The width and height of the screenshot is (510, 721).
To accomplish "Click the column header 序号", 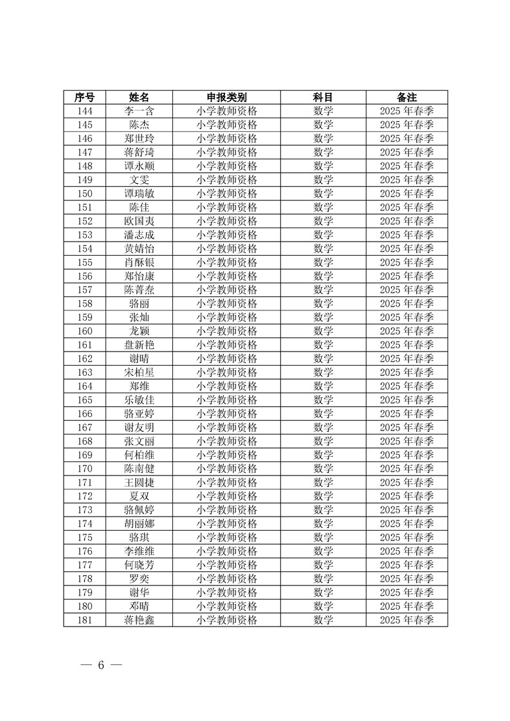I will tap(84, 97).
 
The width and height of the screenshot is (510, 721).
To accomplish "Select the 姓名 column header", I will tap(139, 97).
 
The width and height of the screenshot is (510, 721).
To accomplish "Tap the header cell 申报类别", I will tap(226, 97).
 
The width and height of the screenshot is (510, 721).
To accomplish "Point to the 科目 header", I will tap(323, 97).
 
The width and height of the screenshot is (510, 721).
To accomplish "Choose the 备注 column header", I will tap(406, 97).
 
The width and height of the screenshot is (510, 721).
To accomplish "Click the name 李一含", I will tap(139, 111).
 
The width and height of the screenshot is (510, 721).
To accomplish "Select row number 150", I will tap(84, 193).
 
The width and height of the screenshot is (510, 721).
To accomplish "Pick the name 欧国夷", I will tap(139, 221).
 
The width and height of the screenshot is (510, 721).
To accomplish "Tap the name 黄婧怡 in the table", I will tap(139, 249).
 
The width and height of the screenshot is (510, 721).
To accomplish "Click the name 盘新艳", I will tap(139, 345).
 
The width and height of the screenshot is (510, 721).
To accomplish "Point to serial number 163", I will tap(84, 372).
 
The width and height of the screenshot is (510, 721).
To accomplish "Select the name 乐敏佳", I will tap(139, 400).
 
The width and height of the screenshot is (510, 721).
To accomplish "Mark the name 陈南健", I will tap(139, 468).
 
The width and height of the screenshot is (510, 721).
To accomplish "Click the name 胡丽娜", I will tap(139, 524).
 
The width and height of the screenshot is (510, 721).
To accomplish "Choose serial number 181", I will tap(84, 620).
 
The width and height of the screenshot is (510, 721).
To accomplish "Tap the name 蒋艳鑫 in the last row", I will tap(139, 620).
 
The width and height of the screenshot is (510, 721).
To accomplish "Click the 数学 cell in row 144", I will tap(323, 111).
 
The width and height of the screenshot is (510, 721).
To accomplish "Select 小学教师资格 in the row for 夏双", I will tap(226, 496).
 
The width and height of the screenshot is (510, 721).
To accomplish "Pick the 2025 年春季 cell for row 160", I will tap(406, 331).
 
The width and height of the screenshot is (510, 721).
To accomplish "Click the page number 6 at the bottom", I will tap(100, 665).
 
